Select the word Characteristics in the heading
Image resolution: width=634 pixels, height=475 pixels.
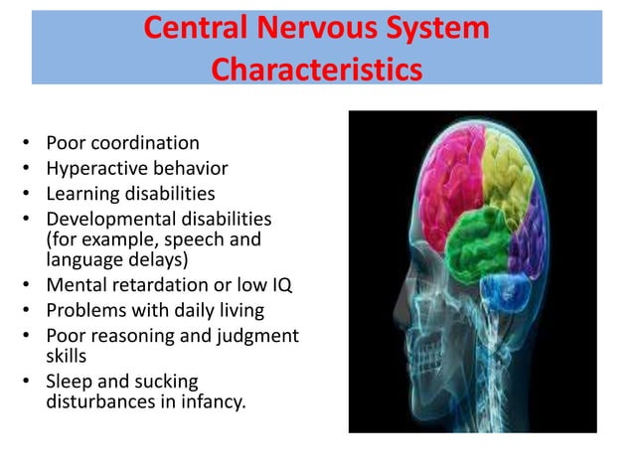(317, 70)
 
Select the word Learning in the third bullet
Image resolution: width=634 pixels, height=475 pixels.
(82, 193)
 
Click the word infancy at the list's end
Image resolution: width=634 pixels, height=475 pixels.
(210, 402)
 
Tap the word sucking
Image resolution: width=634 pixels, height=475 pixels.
(167, 382)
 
